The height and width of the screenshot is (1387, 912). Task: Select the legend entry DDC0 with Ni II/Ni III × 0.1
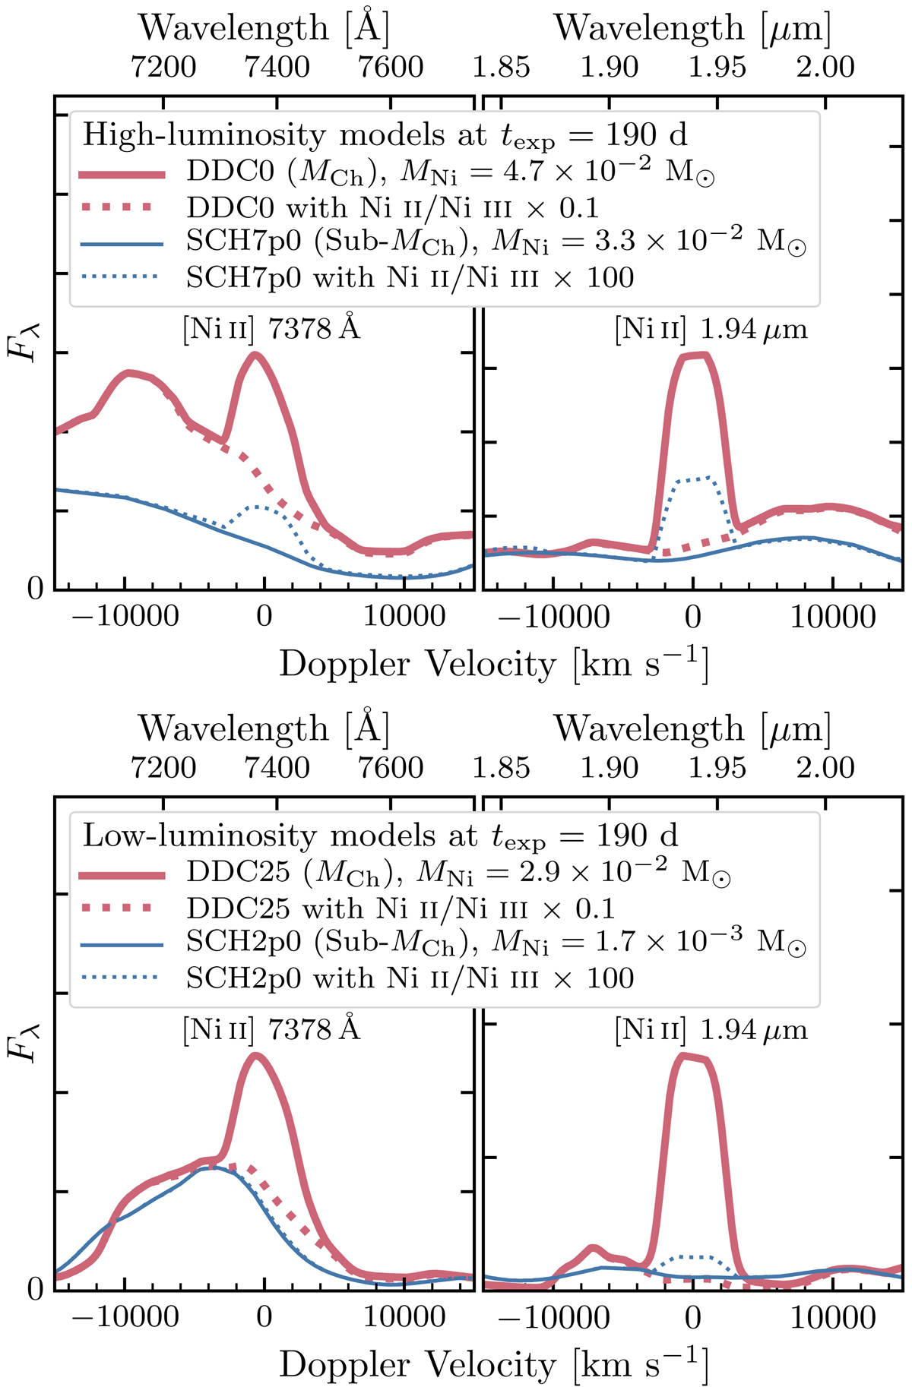[392, 207]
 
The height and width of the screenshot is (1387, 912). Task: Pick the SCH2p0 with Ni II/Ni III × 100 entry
[410, 978]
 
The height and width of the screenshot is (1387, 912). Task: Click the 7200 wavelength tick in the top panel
[163, 67]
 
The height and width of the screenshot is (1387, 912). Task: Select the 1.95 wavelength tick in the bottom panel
[717, 768]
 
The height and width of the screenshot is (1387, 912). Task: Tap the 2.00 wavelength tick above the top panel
[825, 67]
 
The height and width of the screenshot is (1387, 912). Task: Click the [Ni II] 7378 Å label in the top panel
[271, 329]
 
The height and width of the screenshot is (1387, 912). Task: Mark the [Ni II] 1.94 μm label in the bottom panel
[711, 1030]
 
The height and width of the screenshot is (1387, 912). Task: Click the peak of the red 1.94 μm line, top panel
[693, 355]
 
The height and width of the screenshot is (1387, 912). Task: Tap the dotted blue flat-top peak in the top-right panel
[693, 479]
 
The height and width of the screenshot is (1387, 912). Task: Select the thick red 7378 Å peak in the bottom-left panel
[256, 1055]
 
